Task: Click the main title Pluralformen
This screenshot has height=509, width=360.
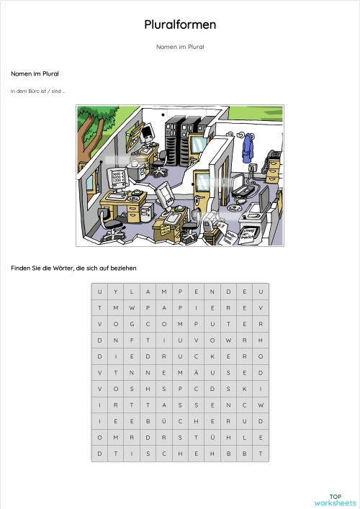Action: coord(180,25)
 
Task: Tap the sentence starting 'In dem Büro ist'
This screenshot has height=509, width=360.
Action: coord(38,91)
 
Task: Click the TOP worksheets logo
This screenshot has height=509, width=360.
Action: coord(335,500)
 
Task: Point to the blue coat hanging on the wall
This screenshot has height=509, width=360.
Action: coord(248,147)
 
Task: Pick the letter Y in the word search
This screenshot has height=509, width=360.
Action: coord(116,291)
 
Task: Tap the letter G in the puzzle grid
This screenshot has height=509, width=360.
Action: coord(132,323)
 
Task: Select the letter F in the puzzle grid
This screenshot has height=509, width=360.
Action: coord(132,340)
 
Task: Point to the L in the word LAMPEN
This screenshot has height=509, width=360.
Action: coord(132,291)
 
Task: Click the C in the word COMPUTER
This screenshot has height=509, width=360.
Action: coord(148,323)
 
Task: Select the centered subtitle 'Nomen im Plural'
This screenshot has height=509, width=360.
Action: coord(180,47)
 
